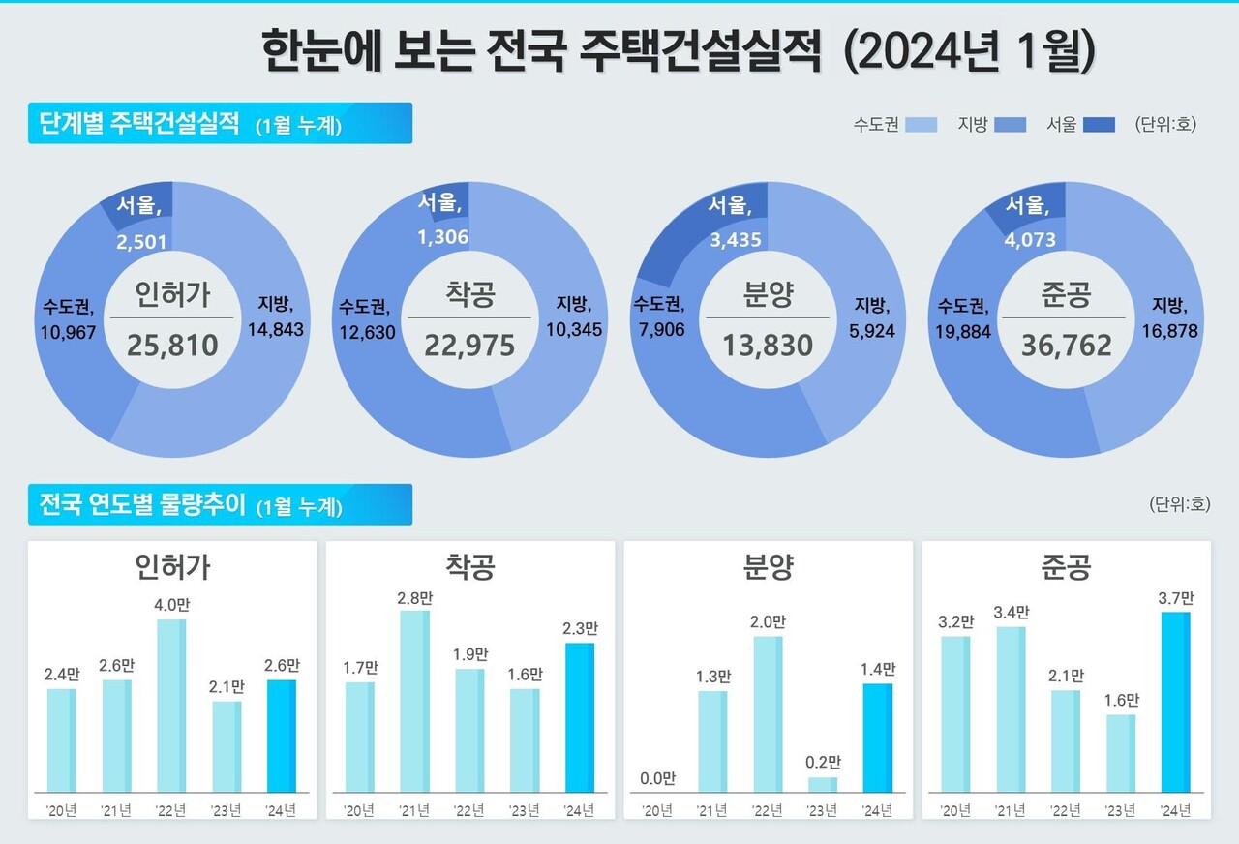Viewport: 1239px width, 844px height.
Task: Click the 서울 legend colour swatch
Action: pyautogui.click(x=1099, y=124)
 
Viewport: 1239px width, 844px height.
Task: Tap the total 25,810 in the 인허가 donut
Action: pyautogui.click(x=171, y=345)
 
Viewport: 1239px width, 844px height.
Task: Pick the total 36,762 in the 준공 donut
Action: pyautogui.click(x=1066, y=345)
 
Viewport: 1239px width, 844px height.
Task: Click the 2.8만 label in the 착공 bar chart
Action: pyautogui.click(x=414, y=598)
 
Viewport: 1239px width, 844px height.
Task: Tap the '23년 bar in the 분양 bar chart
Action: pyautogui.click(x=822, y=784)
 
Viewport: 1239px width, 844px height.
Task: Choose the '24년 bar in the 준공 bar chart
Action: pyautogui.click(x=1175, y=702)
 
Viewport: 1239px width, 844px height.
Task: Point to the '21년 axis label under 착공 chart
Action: pyautogui.click(x=414, y=809)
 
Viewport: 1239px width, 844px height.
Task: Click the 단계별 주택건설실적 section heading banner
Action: pyautogui.click(x=220, y=124)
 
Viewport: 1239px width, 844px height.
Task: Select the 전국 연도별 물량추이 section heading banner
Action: pyautogui.click(x=220, y=504)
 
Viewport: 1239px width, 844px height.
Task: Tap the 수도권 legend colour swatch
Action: pyautogui.click(x=922, y=124)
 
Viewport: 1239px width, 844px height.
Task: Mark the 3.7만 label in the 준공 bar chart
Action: pyautogui.click(x=1175, y=598)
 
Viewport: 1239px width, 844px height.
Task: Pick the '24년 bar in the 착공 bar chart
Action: pyautogui.click(x=579, y=717)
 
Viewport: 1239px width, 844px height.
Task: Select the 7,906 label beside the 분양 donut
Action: pyautogui.click(x=659, y=330)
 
